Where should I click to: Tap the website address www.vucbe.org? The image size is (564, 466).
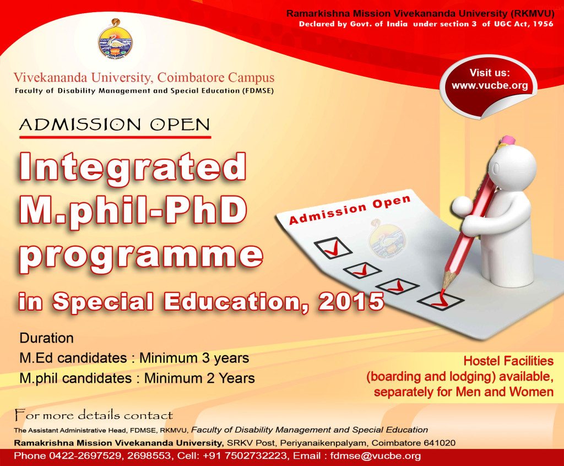490,85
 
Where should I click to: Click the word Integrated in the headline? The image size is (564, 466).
132,166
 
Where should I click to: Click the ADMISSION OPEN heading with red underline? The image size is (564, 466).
115,125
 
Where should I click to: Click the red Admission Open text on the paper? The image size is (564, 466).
350,210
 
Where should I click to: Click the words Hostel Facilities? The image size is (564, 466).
508,361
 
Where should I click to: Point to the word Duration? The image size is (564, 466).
46,338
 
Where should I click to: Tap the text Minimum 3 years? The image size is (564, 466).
194,358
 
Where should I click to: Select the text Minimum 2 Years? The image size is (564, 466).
199,378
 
